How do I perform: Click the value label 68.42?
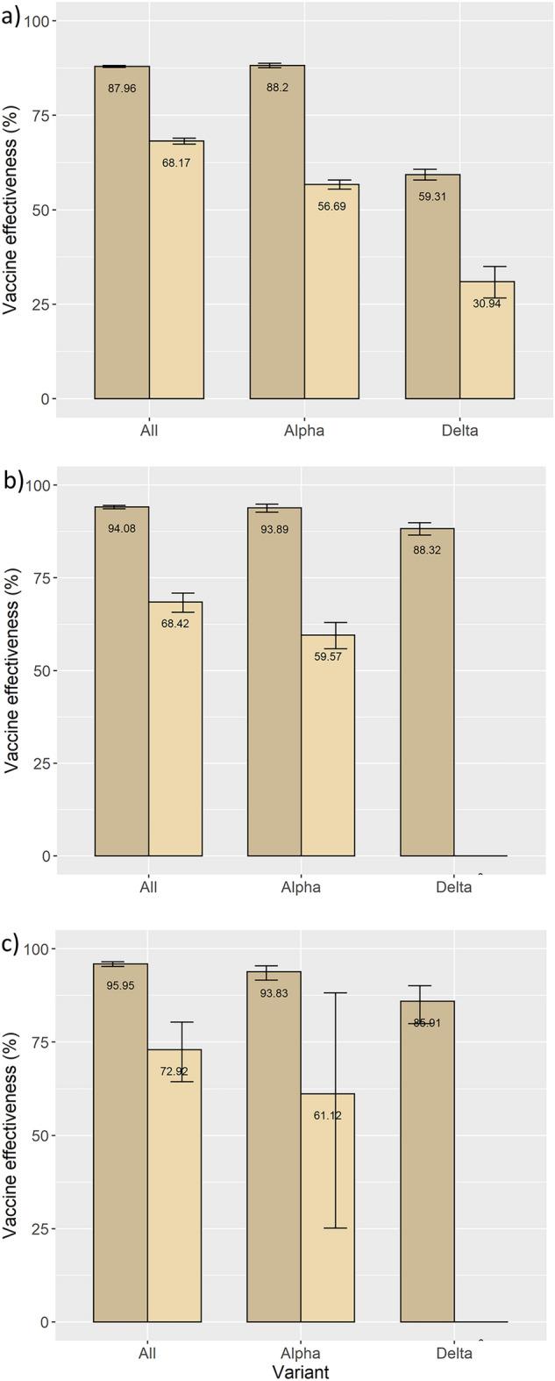(175, 623)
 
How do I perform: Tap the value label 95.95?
(121, 986)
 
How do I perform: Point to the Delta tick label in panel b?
(454, 887)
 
